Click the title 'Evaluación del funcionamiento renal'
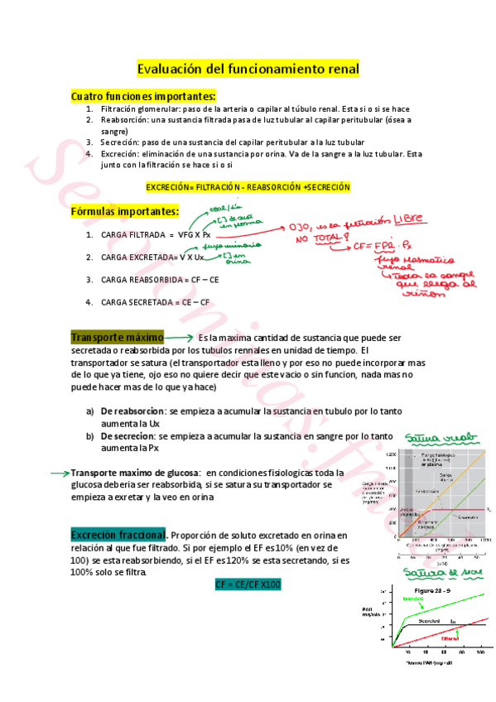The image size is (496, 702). pyautogui.click(x=248, y=69)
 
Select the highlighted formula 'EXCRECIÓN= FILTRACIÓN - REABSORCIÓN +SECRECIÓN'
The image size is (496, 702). pyautogui.click(x=248, y=188)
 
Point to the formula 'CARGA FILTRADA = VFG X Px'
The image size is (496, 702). pyautogui.click(x=156, y=235)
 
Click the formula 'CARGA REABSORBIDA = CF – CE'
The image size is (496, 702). pyautogui.click(x=160, y=280)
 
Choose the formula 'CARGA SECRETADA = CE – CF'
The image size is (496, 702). pyautogui.click(x=156, y=302)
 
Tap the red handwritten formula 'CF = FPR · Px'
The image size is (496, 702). pyautogui.click(x=388, y=246)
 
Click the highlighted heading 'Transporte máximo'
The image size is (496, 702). pyautogui.click(x=117, y=338)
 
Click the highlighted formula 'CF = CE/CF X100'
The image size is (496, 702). pyautogui.click(x=248, y=562)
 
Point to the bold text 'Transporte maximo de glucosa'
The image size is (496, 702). pyautogui.click(x=147, y=473)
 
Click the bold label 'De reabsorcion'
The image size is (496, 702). pyautogui.click(x=132, y=411)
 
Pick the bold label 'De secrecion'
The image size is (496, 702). pyautogui.click(x=128, y=435)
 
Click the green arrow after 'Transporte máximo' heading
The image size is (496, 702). pyautogui.click(x=180, y=338)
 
